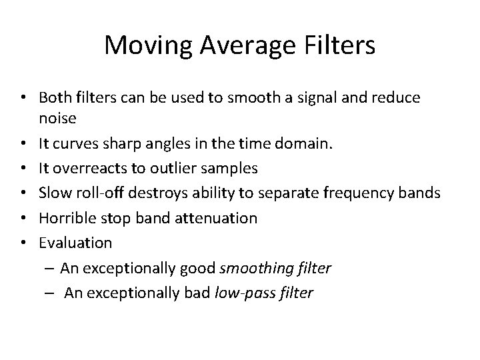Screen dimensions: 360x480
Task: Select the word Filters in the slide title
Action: tap(342, 46)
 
